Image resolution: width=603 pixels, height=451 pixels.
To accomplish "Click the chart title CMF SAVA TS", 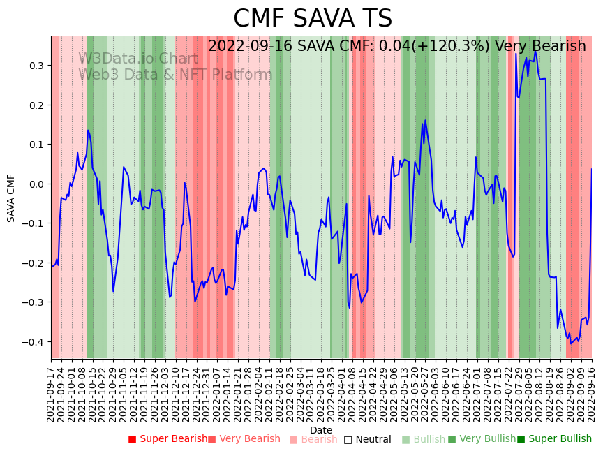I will click(x=313, y=19).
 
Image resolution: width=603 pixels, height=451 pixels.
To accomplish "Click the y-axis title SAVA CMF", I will click(x=11, y=198).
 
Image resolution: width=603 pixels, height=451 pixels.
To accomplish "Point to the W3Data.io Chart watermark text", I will click(x=138, y=59).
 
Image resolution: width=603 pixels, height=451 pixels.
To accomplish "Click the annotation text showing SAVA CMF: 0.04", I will click(x=396, y=46).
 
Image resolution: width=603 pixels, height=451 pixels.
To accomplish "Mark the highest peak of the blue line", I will click(x=535, y=51).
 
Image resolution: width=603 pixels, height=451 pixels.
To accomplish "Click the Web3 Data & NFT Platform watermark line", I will click(x=175, y=75).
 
